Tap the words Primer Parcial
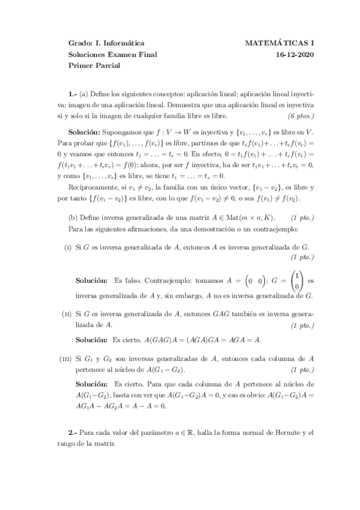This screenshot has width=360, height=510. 94,66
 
